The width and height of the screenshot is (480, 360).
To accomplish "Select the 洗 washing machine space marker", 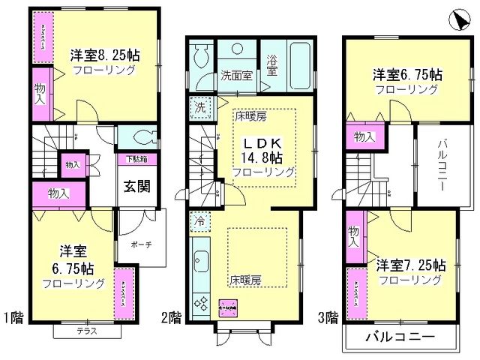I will (201, 106).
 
